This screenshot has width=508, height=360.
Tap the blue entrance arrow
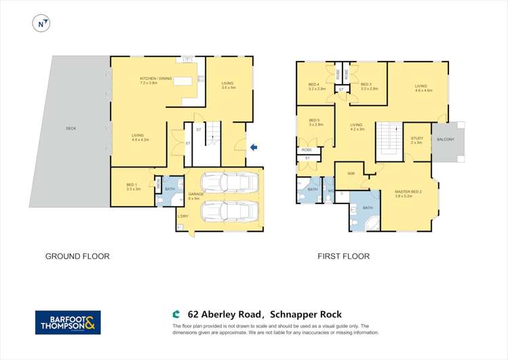pos(254,147)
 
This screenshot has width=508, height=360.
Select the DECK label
pos(71,128)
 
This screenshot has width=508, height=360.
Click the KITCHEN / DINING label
pos(153,80)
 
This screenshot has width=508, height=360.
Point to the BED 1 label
pos(133,186)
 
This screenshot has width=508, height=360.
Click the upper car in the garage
pos(231,183)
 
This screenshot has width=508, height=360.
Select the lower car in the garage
pos(231,212)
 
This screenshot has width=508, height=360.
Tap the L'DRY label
pos(182,216)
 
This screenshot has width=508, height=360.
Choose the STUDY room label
pos(416,140)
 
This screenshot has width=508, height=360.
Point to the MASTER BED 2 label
pos(408,193)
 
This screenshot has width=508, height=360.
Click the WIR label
pos(351,174)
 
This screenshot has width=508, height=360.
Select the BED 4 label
pos(317,85)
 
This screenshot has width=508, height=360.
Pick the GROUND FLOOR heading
pos(77,256)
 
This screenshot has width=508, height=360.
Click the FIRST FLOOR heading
pos(344,256)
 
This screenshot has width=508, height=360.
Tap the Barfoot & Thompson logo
pos(68,322)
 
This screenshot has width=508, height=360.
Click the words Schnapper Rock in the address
pos(306,315)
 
